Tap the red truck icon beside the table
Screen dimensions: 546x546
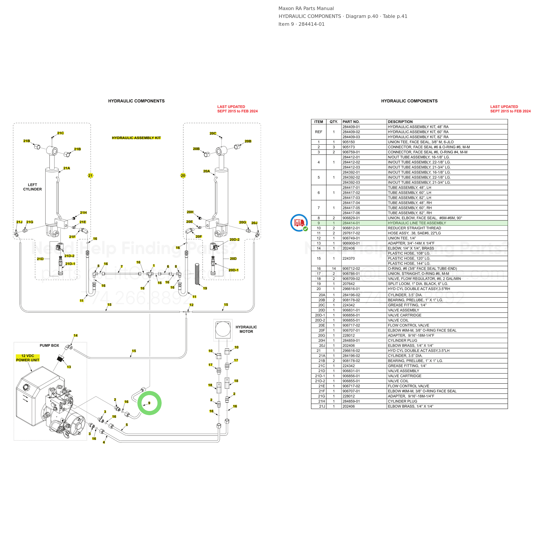click(299, 223)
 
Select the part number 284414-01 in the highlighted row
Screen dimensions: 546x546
click(351, 223)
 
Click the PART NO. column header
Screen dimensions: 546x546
click(351, 122)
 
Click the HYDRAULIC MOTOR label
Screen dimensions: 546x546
click(246, 329)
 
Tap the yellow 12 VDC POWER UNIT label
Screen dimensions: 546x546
click(28, 358)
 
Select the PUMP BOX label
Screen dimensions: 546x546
click(49, 345)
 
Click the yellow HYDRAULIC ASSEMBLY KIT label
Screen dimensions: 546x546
click(136, 138)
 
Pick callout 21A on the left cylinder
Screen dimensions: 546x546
click(67, 168)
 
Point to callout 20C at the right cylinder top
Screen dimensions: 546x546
click(213, 133)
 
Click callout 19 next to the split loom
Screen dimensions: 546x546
click(205, 288)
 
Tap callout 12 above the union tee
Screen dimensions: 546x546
click(191, 305)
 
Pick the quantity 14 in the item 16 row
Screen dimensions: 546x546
click(334, 268)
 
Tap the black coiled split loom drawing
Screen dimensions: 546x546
click(197, 274)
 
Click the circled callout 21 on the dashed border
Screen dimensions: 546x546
click(90, 176)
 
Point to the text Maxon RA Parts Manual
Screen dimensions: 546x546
click(306, 9)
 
